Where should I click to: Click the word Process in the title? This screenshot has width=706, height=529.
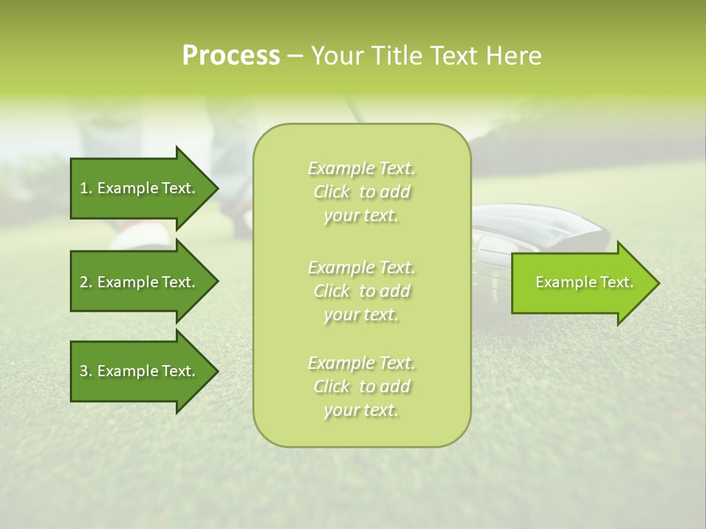click(x=231, y=56)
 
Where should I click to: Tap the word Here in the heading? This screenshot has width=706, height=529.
click(x=512, y=56)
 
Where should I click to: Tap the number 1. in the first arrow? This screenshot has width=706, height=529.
click(x=86, y=188)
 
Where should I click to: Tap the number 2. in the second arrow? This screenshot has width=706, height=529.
click(x=86, y=282)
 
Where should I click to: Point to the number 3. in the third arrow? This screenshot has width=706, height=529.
click(x=86, y=371)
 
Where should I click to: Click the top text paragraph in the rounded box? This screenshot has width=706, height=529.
click(x=361, y=192)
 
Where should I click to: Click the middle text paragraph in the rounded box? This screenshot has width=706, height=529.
click(x=361, y=290)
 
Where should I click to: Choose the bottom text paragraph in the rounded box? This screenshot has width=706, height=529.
click(x=361, y=386)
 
